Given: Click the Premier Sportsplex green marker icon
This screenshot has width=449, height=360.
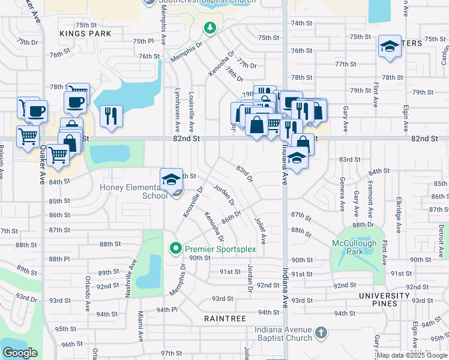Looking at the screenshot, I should [x=175, y=248].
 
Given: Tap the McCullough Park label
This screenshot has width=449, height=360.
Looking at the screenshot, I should [x=357, y=247].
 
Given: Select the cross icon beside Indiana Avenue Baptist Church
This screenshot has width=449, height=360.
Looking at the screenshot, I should [x=321, y=332].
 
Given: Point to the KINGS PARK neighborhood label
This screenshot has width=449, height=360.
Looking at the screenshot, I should [x=85, y=34].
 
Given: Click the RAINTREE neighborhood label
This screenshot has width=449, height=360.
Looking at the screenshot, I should [x=224, y=319].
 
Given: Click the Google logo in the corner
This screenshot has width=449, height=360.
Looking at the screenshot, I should [x=20, y=352].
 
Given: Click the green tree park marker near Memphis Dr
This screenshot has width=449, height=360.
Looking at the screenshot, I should [x=209, y=28].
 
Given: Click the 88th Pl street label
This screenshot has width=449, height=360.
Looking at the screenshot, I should [x=60, y=259].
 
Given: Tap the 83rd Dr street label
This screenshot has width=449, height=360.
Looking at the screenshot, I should [x=244, y=175].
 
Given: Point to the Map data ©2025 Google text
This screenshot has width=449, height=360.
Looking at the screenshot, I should [x=412, y=355].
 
